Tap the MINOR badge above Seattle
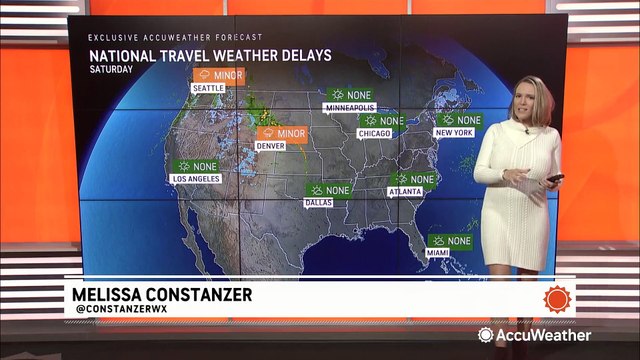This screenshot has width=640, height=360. [218, 75]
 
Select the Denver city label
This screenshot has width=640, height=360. [271, 146]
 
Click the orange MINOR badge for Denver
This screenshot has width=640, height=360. [282, 133]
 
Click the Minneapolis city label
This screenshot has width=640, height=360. [348, 107]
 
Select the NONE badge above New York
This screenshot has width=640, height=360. [461, 120]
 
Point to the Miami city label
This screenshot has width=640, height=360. [438, 253]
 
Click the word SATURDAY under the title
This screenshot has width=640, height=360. [109, 73]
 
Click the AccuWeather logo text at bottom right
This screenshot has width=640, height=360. [544, 336]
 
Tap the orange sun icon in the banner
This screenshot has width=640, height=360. [557, 298]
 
